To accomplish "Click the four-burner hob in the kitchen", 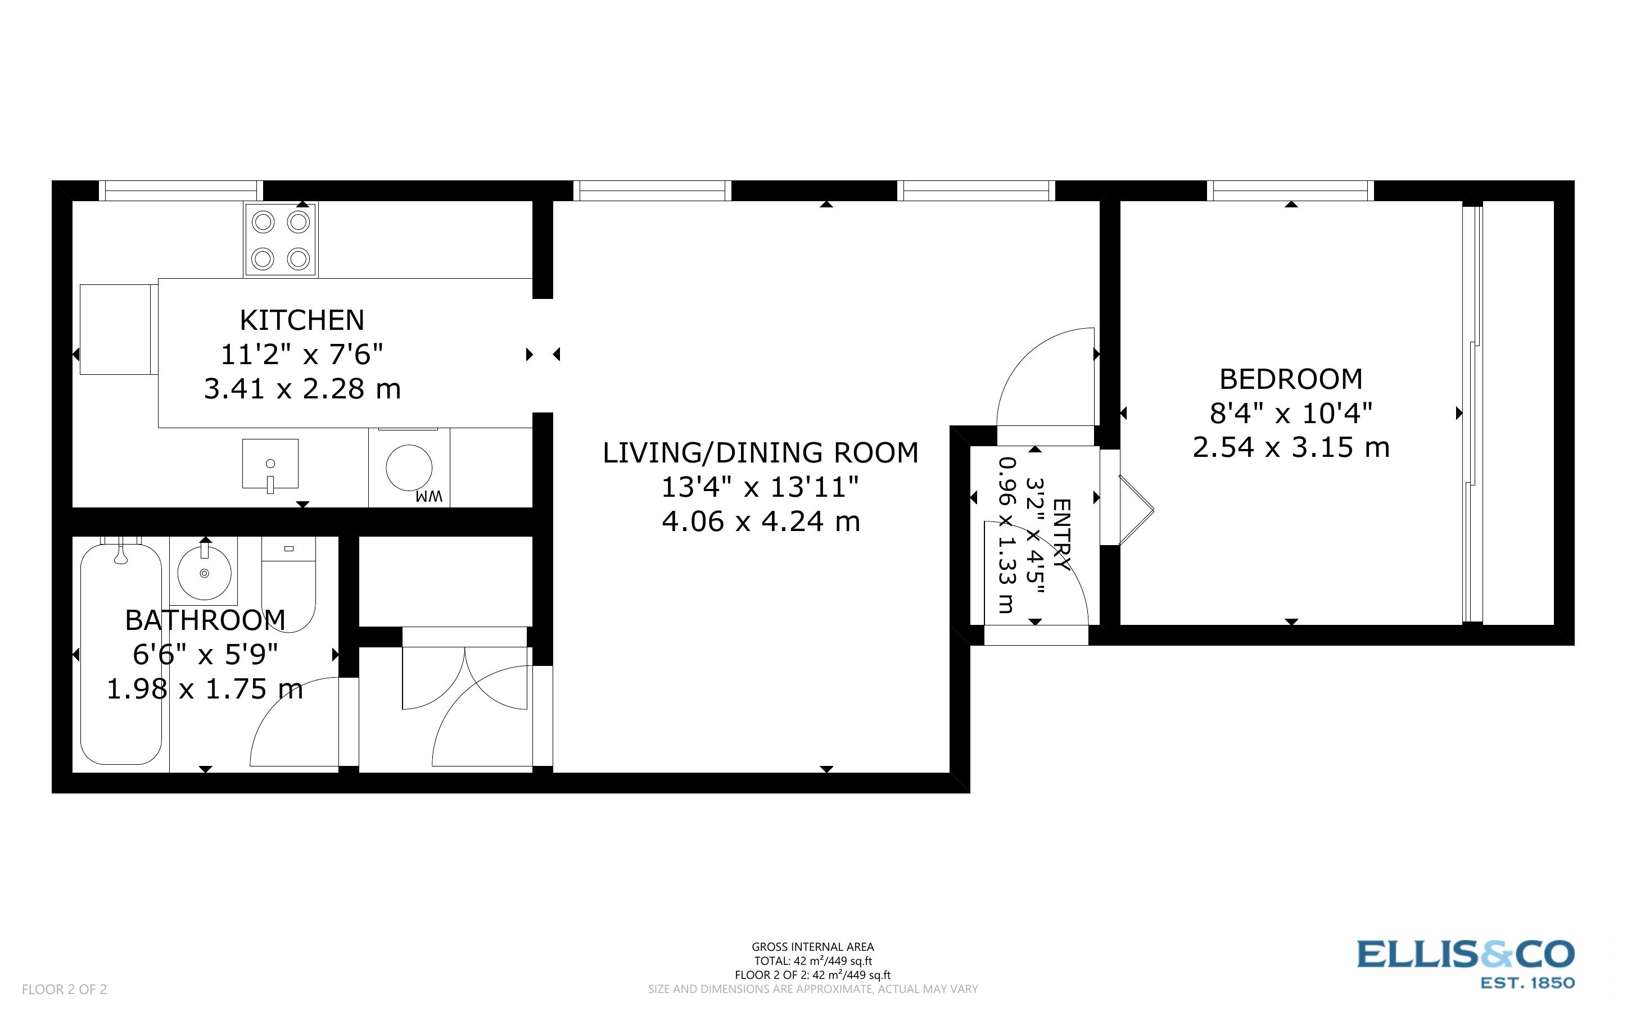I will [x=280, y=240].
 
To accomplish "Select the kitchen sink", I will [x=270, y=464].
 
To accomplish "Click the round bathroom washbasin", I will [x=204, y=572].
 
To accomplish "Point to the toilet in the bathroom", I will [x=288, y=584].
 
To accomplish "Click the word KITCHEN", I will [x=302, y=320].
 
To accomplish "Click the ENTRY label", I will [x=1061, y=534].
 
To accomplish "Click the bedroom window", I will [x=1290, y=192].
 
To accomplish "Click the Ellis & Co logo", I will [x=1465, y=954].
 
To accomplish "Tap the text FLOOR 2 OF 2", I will [x=65, y=989].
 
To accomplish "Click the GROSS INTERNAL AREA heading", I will [x=812, y=947].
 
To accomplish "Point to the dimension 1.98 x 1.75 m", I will [x=205, y=690].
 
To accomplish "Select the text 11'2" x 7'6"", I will [x=302, y=355].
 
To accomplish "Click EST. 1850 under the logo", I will [x=1527, y=983].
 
